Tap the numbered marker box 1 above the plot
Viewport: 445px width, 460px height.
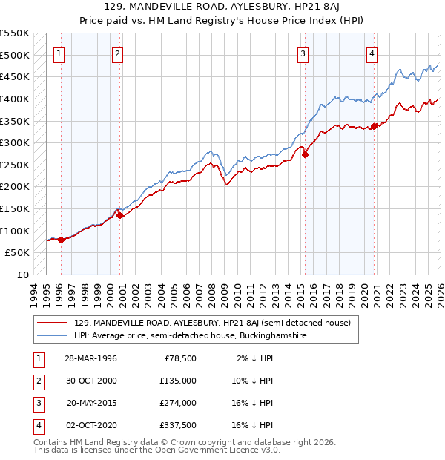59,53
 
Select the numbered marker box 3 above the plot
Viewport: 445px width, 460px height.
303,53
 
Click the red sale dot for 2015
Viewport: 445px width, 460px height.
305,155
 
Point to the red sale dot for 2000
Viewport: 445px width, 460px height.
119,216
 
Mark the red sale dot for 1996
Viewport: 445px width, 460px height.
61,240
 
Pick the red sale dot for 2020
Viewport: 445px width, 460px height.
374,126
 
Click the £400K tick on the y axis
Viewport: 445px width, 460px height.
15,99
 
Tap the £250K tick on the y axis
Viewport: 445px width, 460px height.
15,165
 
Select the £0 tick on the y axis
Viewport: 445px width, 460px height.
22,275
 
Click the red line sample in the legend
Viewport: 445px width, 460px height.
52,323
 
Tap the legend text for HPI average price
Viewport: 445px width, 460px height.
190,336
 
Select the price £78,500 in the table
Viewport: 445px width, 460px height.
180,358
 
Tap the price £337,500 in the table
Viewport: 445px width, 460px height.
178,425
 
